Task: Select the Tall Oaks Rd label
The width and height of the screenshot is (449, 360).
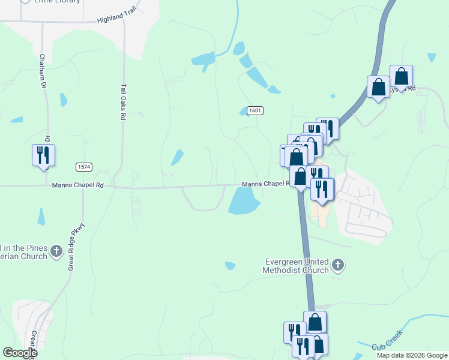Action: point(123,103)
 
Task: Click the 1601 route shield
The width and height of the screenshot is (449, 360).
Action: point(255,110)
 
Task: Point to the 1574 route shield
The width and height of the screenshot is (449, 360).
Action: point(83,166)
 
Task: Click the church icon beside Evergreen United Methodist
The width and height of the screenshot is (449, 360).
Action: point(338,265)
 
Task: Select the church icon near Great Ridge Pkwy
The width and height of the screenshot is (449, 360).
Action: point(56,251)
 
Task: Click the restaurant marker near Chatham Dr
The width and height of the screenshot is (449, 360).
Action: point(43,155)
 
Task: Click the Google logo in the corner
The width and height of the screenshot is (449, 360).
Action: point(20,353)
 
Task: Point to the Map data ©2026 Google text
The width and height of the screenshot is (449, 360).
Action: point(412,355)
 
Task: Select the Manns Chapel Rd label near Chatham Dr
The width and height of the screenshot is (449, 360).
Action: point(78,185)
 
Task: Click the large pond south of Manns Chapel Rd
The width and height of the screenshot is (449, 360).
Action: point(244,200)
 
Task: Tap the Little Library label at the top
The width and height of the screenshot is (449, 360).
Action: point(57,2)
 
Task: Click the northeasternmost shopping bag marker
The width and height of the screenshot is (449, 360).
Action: point(401,76)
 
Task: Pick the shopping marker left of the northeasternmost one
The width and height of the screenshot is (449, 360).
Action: point(379,87)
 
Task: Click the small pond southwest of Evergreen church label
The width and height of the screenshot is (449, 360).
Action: point(229,266)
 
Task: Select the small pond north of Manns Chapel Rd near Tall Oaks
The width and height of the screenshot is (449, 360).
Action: point(177,157)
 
